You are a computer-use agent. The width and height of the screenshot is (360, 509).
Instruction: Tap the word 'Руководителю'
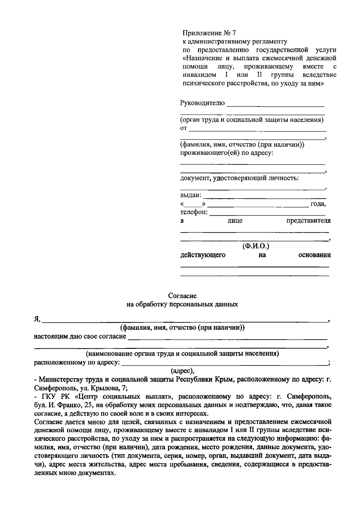202,103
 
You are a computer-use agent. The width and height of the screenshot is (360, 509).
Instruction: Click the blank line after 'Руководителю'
275,106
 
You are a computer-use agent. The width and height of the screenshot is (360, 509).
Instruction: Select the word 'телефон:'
194,212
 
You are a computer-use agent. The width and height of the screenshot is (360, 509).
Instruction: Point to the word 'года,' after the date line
318,204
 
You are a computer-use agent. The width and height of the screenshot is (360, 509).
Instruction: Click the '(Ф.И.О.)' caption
256,246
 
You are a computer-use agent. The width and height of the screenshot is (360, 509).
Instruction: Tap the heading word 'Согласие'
182,296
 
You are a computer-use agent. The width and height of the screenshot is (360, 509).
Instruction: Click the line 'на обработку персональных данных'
182,304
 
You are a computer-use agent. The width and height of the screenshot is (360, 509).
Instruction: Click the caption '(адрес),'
182,370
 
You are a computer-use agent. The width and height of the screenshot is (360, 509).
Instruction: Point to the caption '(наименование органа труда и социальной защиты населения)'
182,353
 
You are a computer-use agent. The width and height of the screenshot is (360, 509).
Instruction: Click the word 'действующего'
202,255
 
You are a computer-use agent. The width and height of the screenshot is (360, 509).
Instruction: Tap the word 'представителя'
308,221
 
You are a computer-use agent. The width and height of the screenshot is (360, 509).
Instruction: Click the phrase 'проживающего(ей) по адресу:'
226,153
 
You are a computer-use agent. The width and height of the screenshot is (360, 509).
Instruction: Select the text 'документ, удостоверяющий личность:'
239,178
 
